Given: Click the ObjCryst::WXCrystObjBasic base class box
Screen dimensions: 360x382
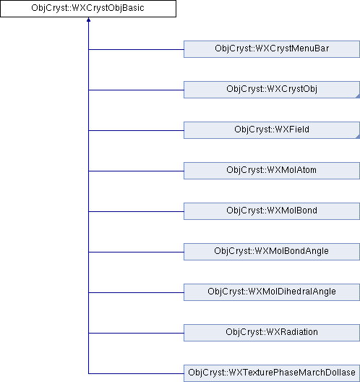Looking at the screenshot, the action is pos(88,9).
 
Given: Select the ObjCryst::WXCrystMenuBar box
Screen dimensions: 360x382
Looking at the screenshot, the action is pos(272,49).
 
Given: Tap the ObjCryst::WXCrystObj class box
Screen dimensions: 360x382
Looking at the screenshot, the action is pos(272,90).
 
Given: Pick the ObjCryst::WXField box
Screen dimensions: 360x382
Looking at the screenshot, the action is pos(272,130).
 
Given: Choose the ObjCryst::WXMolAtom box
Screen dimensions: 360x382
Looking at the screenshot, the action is pos(272,171).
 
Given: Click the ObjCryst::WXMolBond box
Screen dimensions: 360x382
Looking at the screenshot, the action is pos(272,211).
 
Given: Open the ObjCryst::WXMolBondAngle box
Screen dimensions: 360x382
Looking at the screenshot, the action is pos(272,252).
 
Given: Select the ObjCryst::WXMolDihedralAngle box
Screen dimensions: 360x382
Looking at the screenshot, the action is pos(272,292).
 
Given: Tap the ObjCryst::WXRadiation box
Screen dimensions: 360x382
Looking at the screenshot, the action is pos(272,333).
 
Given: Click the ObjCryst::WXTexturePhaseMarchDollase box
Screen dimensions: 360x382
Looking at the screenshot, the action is pos(272,373).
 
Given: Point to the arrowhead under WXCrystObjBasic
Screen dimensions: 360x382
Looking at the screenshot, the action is pos(88,20).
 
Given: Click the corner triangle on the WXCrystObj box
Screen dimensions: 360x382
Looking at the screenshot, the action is pos(358,96).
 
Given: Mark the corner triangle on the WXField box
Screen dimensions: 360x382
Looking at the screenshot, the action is pos(358,137).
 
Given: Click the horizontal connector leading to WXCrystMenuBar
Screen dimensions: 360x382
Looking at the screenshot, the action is pos(136,49).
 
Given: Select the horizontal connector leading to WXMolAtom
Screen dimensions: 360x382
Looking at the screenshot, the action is pos(136,171).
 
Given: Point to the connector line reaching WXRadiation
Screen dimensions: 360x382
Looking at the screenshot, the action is pos(136,333).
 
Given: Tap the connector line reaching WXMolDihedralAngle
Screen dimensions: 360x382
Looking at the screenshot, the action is pos(136,292).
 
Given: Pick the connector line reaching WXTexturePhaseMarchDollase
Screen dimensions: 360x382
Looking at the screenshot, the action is pos(136,373).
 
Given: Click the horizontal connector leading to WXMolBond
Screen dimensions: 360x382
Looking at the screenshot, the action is pos(136,211).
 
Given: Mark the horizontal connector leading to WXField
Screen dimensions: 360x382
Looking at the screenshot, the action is pos(136,130).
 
